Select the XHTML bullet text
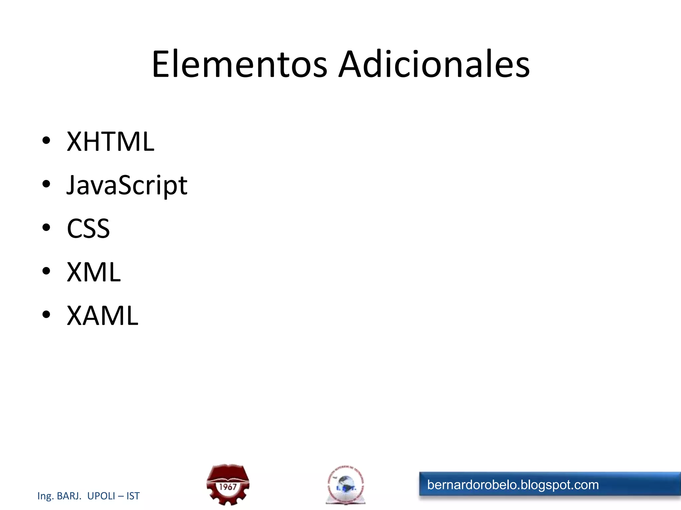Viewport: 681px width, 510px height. (x=110, y=142)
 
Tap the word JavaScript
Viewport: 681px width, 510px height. (x=127, y=185)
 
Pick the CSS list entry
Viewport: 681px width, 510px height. (x=88, y=229)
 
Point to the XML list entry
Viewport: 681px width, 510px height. (x=94, y=272)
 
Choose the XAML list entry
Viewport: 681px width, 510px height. (x=102, y=316)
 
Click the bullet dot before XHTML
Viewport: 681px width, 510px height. (x=46, y=140)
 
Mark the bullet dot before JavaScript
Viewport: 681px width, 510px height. (x=46, y=184)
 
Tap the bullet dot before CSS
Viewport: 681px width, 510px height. (x=46, y=227)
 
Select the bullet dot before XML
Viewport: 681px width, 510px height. (x=46, y=271)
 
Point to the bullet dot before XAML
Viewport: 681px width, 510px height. (x=46, y=314)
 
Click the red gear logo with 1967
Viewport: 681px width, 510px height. (x=228, y=484)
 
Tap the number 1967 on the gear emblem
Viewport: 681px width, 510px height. (x=228, y=487)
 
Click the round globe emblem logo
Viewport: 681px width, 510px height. (x=345, y=484)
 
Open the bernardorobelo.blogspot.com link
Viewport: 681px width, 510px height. (x=513, y=485)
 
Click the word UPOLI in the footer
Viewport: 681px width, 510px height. (x=101, y=496)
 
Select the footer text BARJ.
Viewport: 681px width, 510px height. (x=69, y=496)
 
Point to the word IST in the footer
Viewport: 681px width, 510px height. (x=133, y=496)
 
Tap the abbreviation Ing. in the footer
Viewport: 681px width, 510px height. (x=46, y=496)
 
